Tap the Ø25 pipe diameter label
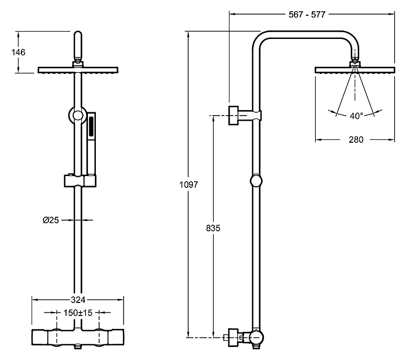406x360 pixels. [x=51, y=220]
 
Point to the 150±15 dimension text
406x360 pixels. [x=78, y=311]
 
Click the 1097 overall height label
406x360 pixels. [x=188, y=185]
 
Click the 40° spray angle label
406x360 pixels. [x=356, y=116]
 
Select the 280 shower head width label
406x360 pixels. [x=355, y=140]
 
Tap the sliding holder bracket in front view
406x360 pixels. [x=78, y=181]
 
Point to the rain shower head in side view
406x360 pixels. [x=355, y=70]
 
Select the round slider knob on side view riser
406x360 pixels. [x=257, y=182]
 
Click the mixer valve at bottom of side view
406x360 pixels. [x=248, y=337]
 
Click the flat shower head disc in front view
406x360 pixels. [x=78, y=70]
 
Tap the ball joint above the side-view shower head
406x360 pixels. [x=355, y=62]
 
